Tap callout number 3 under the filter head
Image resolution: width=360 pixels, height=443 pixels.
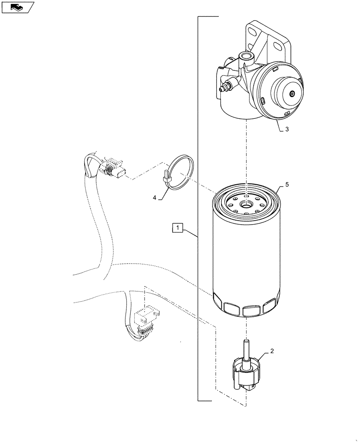pyautogui.click(x=287, y=129)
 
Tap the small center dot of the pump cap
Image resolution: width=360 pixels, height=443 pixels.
pyautogui.click(x=292, y=94)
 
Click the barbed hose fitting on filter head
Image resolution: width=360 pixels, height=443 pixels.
pyautogui.click(x=225, y=87)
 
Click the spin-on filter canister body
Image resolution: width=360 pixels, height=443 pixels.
pyautogui.click(x=246, y=257)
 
